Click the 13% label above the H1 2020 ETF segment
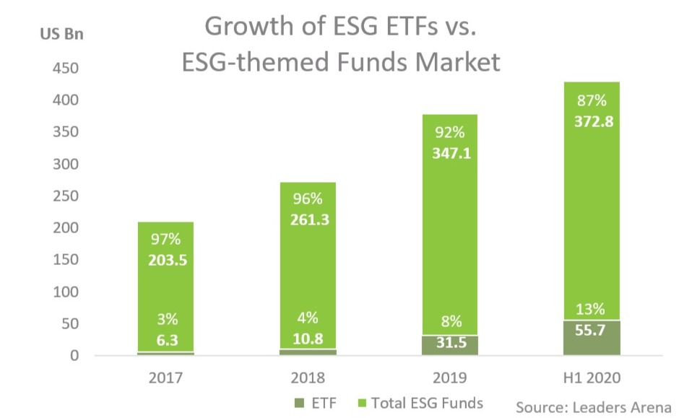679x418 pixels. point(591,309)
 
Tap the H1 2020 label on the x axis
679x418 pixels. point(591,378)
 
